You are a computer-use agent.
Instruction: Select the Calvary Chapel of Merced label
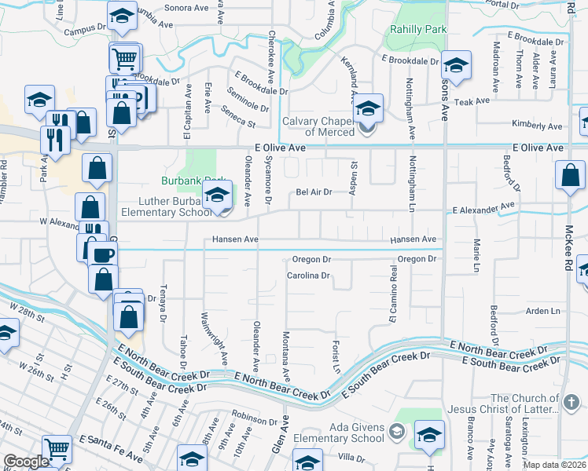[320, 126]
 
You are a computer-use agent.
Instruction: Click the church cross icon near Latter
[571, 403]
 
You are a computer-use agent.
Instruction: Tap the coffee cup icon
[101, 254]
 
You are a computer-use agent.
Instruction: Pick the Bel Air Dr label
[314, 192]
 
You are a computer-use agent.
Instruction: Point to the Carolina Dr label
[307, 276]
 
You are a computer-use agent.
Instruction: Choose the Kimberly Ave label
[537, 126]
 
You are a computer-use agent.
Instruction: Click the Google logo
[26, 462]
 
